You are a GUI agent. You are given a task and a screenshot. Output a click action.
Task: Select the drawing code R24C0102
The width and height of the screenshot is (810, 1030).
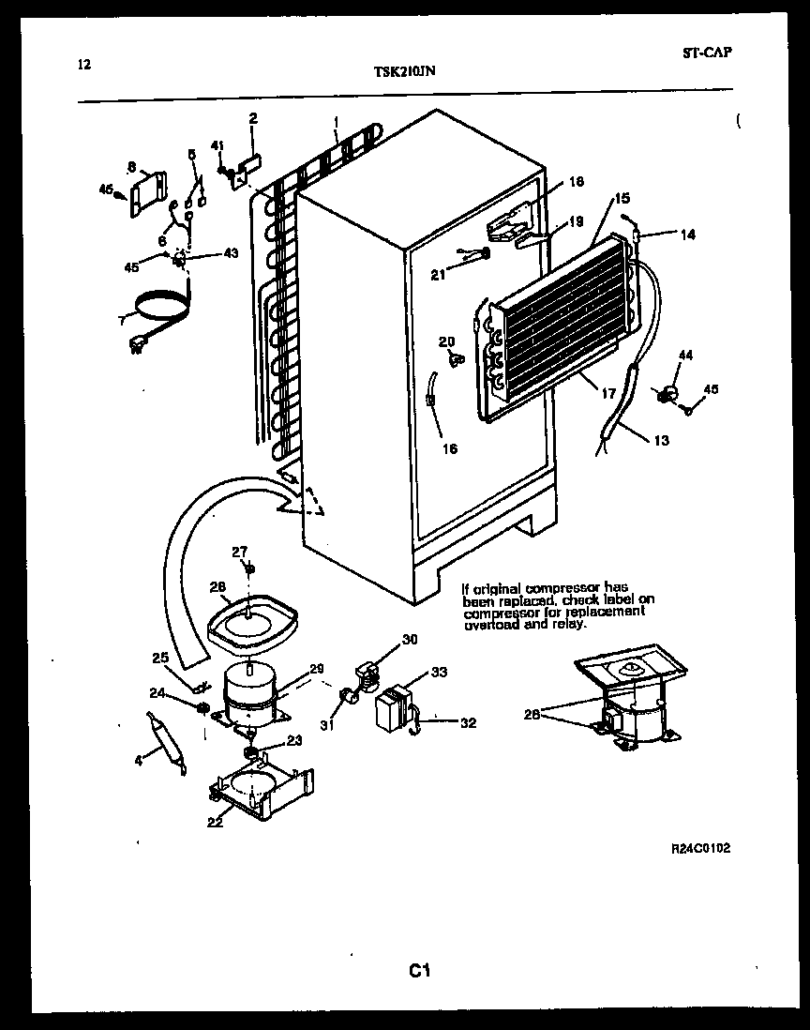tap(700, 848)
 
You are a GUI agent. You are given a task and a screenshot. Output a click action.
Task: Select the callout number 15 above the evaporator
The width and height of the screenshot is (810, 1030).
tap(622, 198)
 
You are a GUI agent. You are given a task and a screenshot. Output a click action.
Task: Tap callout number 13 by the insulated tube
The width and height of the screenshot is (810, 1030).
tap(662, 440)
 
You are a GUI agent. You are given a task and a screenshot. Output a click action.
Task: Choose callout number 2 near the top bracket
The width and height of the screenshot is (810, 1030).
tap(252, 118)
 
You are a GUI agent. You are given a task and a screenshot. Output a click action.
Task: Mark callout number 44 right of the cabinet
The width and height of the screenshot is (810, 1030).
tap(685, 355)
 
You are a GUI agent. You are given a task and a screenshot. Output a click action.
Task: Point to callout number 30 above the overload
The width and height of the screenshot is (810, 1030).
tap(410, 640)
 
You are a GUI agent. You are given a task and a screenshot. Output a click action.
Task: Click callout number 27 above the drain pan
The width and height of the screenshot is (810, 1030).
tap(240, 551)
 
